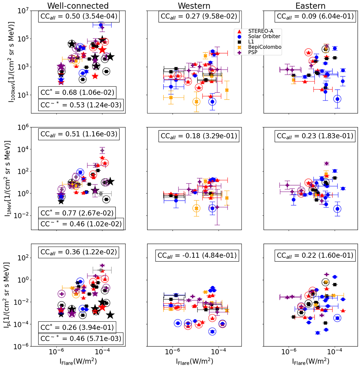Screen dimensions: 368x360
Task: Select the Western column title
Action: [194, 5]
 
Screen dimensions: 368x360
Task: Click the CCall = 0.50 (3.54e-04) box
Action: [78, 16]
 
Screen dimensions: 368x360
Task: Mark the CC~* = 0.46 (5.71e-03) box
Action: [81, 339]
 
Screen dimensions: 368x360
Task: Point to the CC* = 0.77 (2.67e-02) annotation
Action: [77, 213]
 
